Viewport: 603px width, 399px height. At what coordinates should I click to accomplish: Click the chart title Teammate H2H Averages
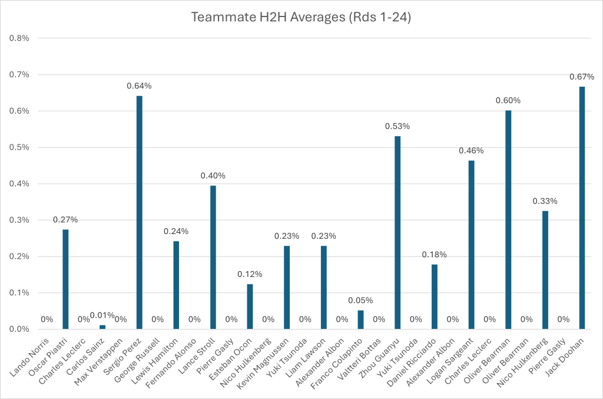[x=301, y=18]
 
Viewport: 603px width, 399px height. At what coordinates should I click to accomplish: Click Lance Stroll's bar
[x=213, y=257]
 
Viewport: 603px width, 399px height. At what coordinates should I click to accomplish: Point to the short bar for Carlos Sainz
[x=102, y=327]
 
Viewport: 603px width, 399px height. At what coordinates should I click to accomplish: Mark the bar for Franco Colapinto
[x=361, y=319]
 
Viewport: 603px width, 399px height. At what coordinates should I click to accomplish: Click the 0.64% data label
[x=139, y=86]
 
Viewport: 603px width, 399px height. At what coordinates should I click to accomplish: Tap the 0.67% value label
[x=582, y=77]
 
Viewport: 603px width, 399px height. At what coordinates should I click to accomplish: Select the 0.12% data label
[x=250, y=275]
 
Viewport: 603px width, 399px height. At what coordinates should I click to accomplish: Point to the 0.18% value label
[x=435, y=255]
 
